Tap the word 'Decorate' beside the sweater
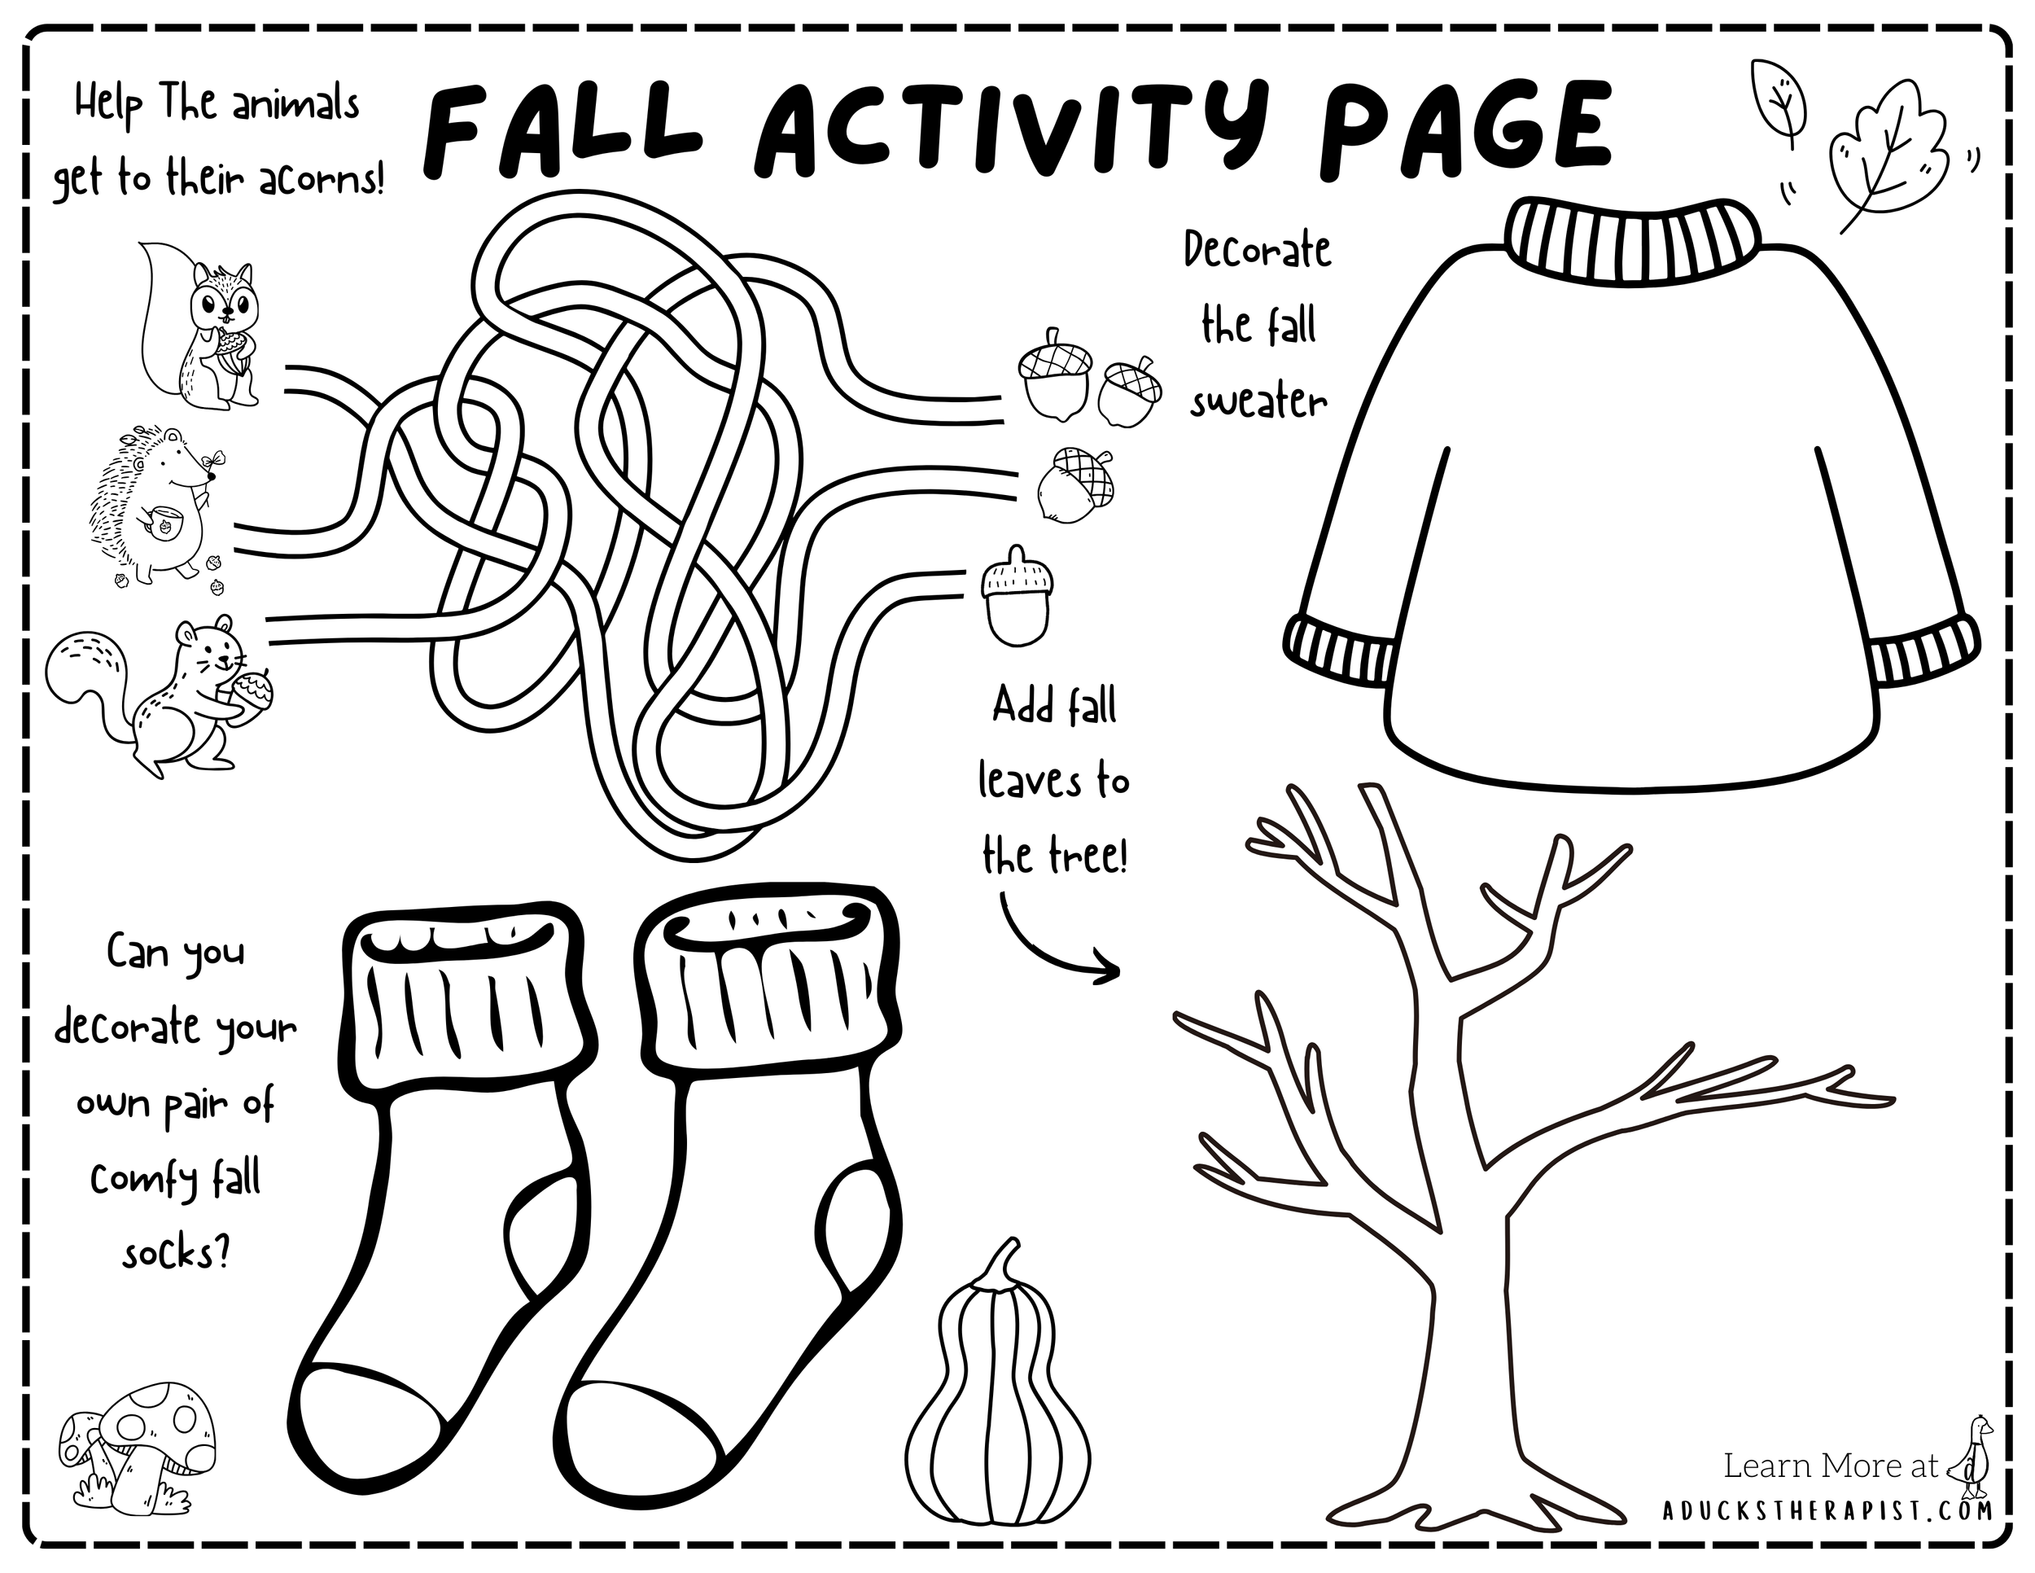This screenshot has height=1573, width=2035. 1257,250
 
